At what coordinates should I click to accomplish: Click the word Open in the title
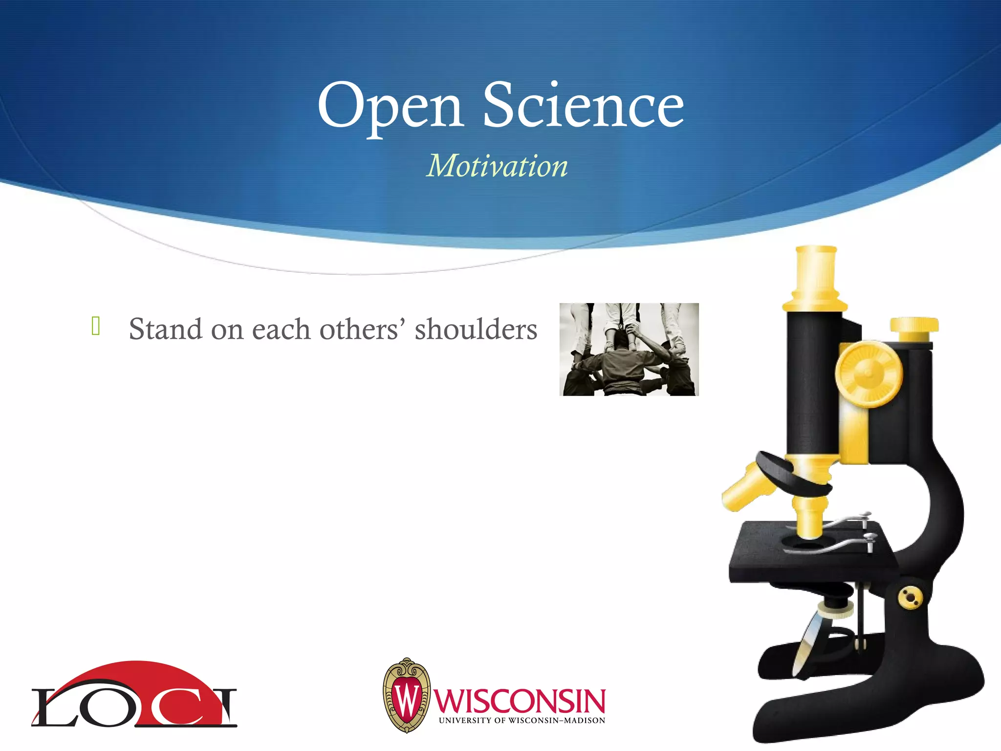click(x=390, y=107)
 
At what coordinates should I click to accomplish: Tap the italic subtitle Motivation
click(x=497, y=166)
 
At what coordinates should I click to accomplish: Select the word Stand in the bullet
click(x=165, y=329)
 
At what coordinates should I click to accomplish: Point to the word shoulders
click(x=476, y=329)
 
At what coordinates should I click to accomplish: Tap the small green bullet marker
click(x=96, y=326)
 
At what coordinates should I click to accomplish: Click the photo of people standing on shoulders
click(x=629, y=349)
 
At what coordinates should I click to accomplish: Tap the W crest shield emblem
click(x=407, y=695)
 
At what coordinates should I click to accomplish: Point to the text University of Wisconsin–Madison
click(x=522, y=721)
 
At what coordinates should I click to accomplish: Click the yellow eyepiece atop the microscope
click(x=815, y=276)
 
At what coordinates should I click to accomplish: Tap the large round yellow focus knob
click(x=869, y=374)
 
